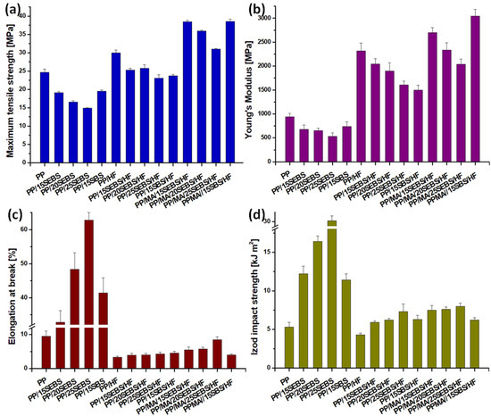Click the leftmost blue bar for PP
[x=45, y=116]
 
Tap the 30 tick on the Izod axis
[x=271, y=221]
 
